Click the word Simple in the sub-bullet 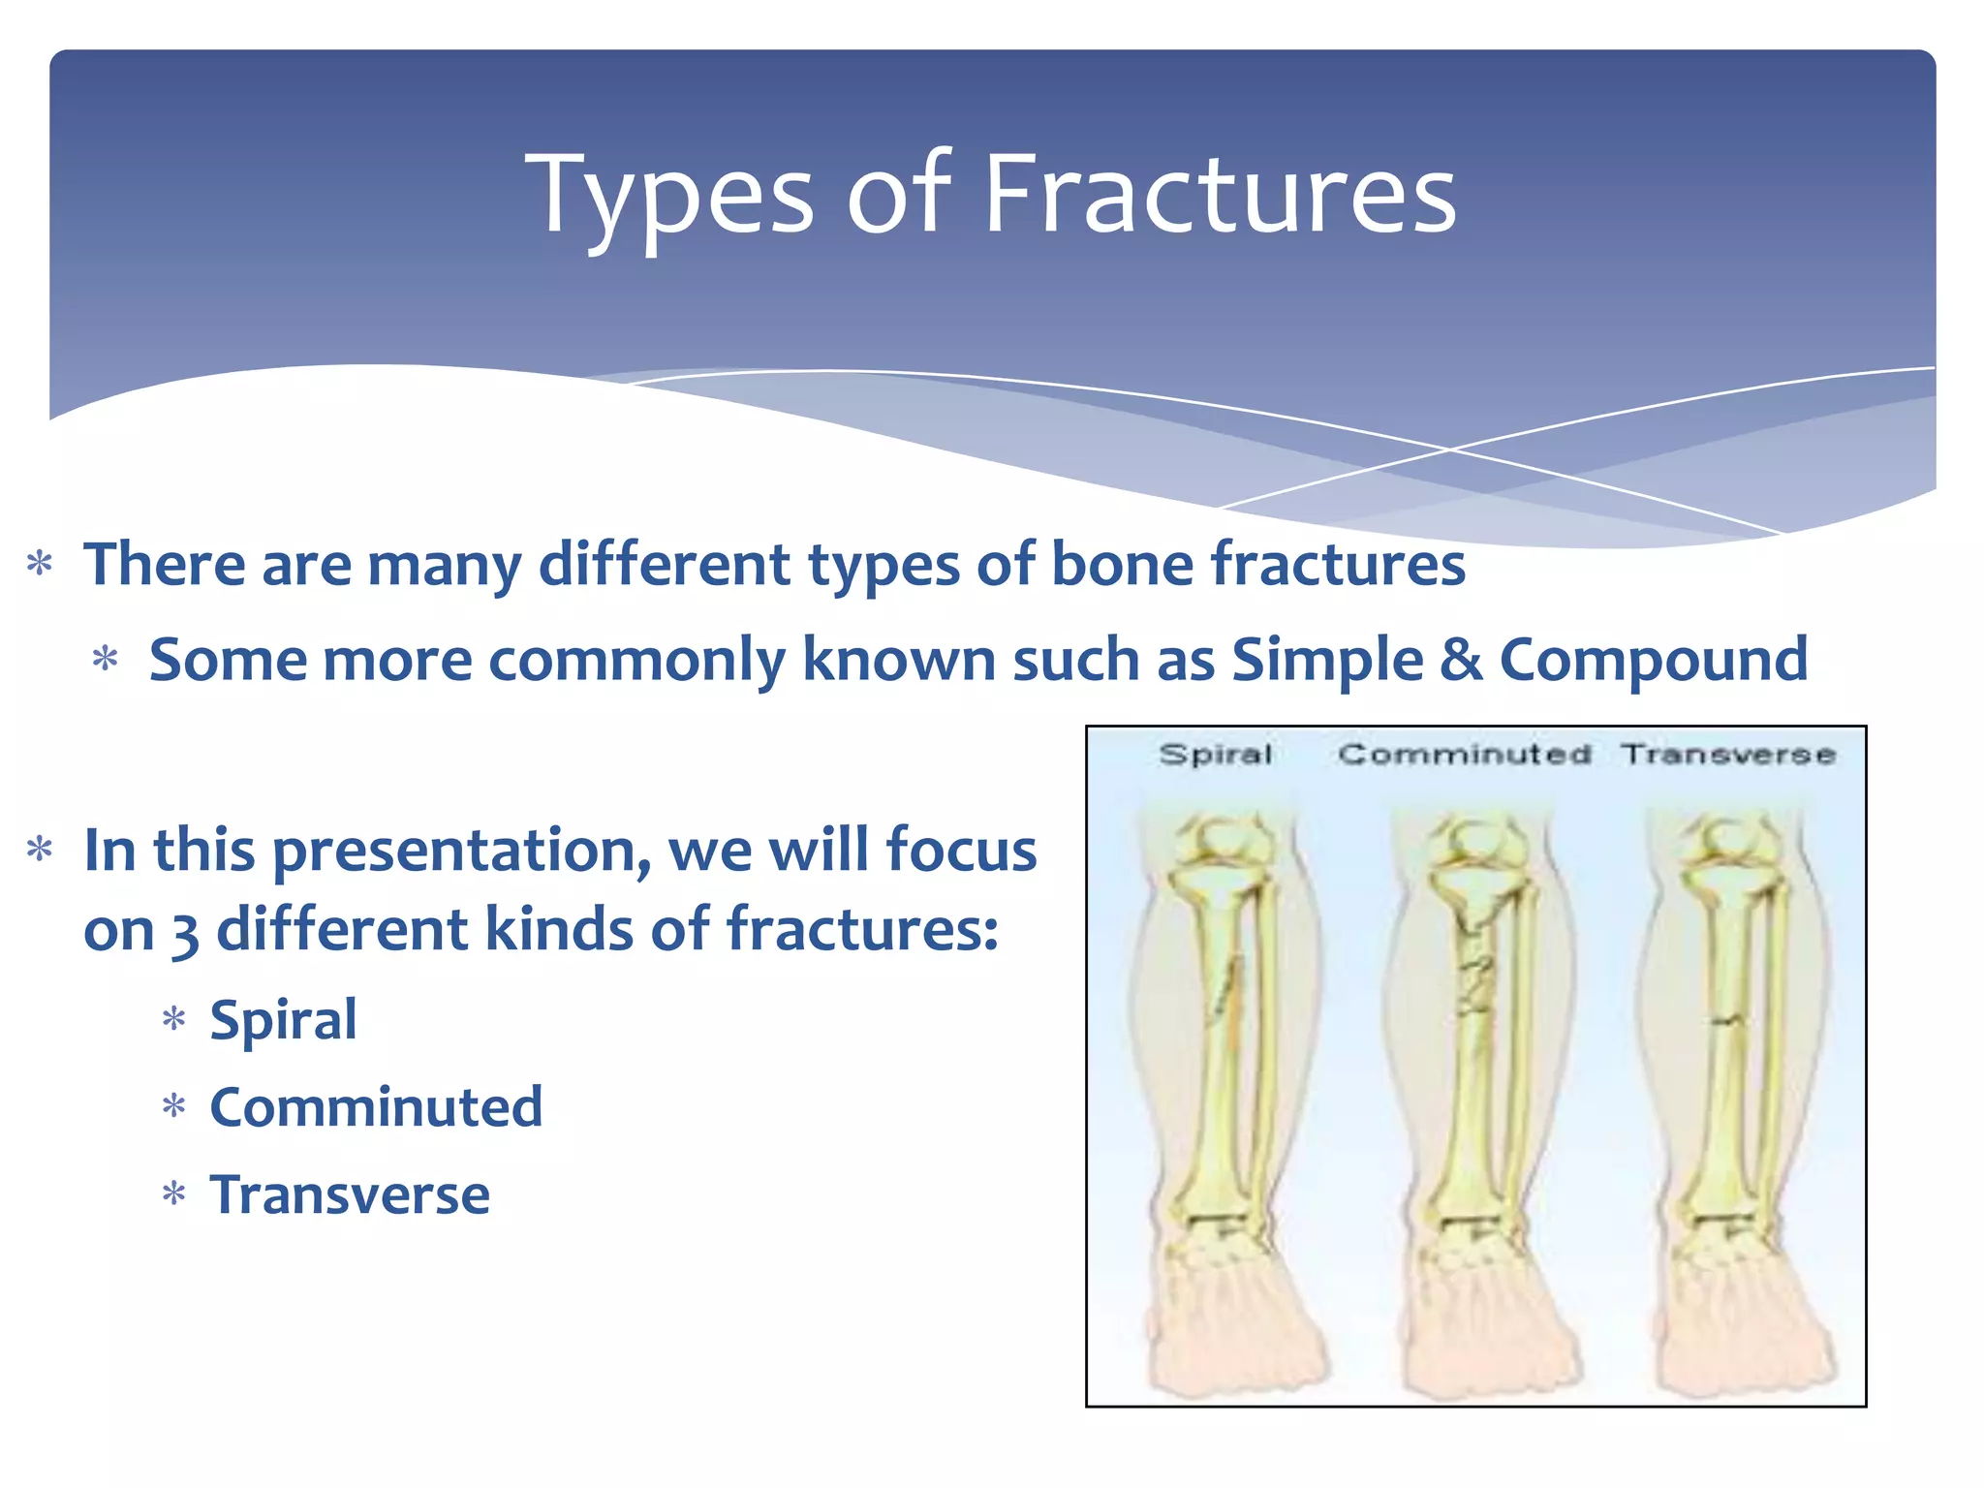pyautogui.click(x=1326, y=661)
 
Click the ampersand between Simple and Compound pyautogui.click(x=1461, y=661)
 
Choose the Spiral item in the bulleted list pyautogui.click(x=283, y=1020)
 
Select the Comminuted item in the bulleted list pyautogui.click(x=376, y=1107)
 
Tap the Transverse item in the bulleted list pyautogui.click(x=350, y=1195)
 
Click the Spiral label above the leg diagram pyautogui.click(x=1215, y=754)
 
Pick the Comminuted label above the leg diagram pyautogui.click(x=1464, y=754)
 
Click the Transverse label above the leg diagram pyautogui.click(x=1728, y=754)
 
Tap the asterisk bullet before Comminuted pyautogui.click(x=174, y=1107)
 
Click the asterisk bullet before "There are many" pyautogui.click(x=40, y=565)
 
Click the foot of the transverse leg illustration pyautogui.click(x=1739, y=1327)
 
